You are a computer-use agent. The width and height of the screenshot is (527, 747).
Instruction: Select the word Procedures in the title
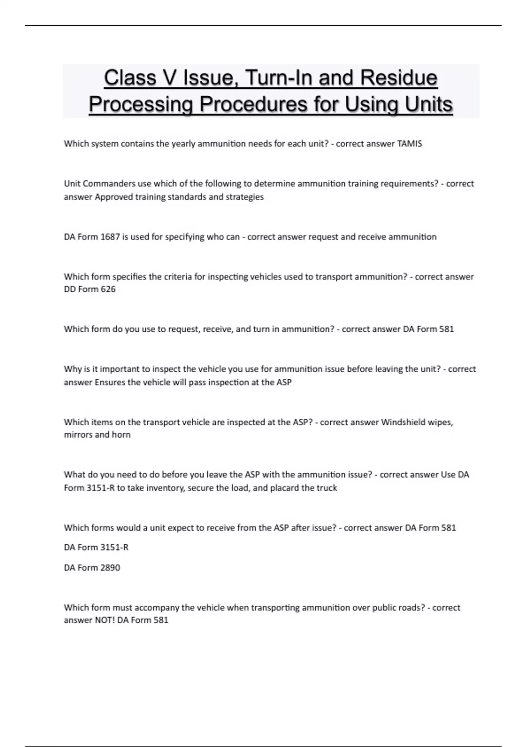254,104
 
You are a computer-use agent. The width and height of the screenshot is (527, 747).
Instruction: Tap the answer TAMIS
409,144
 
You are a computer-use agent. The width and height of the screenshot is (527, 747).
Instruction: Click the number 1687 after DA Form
110,237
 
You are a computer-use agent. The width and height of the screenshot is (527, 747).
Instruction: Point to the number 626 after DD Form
108,289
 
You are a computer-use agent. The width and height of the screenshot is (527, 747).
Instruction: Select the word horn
121,435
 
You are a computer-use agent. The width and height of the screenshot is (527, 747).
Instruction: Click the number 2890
110,568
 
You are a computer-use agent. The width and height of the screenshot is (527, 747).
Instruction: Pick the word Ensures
110,382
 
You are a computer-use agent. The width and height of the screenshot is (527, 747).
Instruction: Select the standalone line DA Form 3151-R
96,548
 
